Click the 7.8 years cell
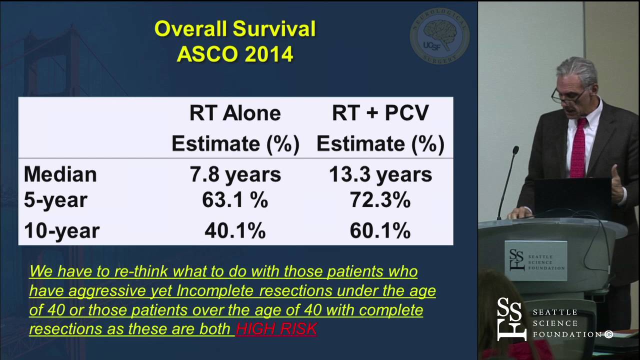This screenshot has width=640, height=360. click(235, 174)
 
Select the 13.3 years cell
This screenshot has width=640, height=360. click(380, 174)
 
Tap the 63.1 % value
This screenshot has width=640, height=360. click(235, 200)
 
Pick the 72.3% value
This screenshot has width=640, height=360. click(380, 200)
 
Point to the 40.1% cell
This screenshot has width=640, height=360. click(235, 230)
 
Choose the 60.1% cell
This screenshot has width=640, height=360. click(380, 230)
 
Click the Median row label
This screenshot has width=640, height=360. click(60, 174)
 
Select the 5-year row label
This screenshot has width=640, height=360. click(55, 200)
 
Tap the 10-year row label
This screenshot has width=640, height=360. click(61, 230)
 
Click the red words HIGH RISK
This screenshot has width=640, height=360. click(276, 328)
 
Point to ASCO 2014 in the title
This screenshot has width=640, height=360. click(235, 54)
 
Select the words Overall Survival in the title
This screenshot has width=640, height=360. click(235, 29)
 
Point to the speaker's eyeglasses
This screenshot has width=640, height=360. click(569, 94)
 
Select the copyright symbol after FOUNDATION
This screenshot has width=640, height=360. click(608, 334)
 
